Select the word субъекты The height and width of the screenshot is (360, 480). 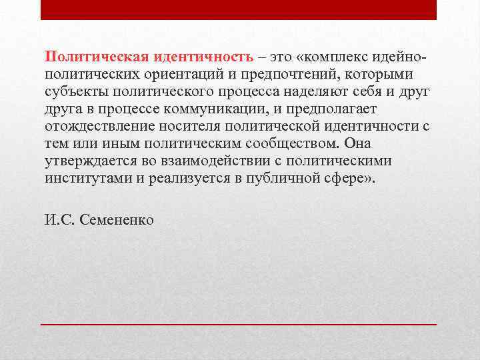pos(73,92)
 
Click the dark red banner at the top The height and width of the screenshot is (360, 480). pos(239,9)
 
